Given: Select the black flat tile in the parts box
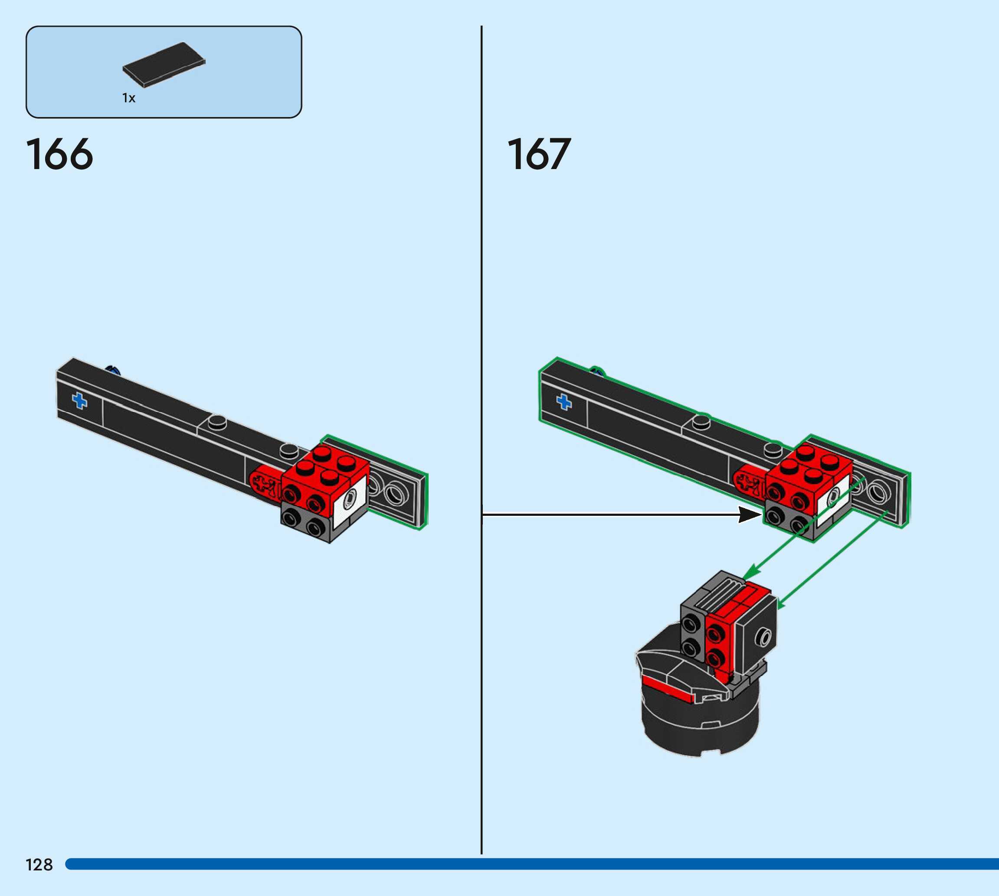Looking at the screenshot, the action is [164, 65].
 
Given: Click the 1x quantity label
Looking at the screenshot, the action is [128, 98].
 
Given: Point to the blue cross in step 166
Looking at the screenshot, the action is [79, 401].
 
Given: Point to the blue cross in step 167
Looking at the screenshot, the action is [564, 402].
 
